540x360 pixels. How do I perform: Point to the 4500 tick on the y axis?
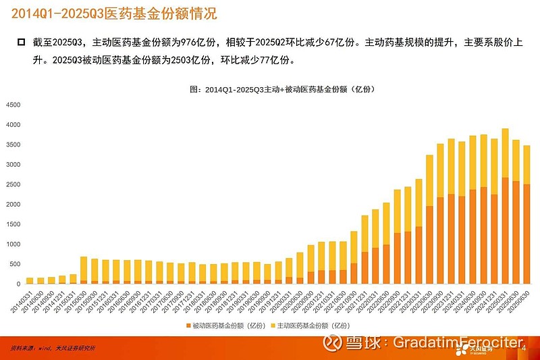(x=13, y=105)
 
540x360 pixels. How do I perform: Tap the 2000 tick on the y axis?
(x=13, y=204)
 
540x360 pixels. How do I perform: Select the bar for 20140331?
(x=30, y=280)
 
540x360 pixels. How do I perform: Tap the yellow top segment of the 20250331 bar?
(x=505, y=153)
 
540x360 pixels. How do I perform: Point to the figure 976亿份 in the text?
(x=192, y=43)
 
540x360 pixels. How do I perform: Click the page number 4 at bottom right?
(x=524, y=348)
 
